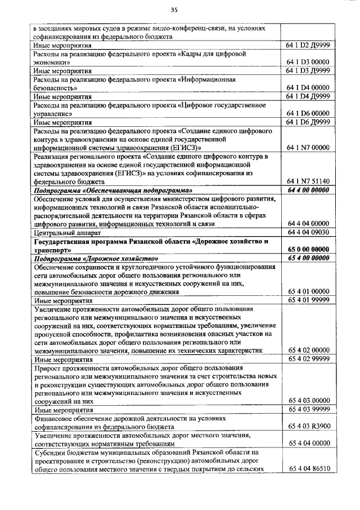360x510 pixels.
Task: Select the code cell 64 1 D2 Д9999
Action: [308, 45]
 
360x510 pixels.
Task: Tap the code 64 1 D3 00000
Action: [308, 62]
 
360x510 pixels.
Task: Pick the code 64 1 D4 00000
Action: [308, 88]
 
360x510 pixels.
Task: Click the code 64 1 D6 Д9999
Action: [308, 122]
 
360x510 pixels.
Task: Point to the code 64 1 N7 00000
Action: [308, 148]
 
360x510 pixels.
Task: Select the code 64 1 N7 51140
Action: [308, 181]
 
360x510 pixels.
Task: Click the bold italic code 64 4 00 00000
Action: [308, 190]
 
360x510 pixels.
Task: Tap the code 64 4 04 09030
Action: [308, 232]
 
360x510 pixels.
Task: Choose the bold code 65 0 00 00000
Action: [308, 249]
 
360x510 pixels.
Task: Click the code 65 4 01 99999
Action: [308, 300]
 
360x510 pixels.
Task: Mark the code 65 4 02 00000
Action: [308, 350]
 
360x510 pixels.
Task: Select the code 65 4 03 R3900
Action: [308, 426]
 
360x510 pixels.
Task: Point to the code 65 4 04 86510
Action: [308, 468]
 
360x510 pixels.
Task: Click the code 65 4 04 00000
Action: [308, 443]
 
